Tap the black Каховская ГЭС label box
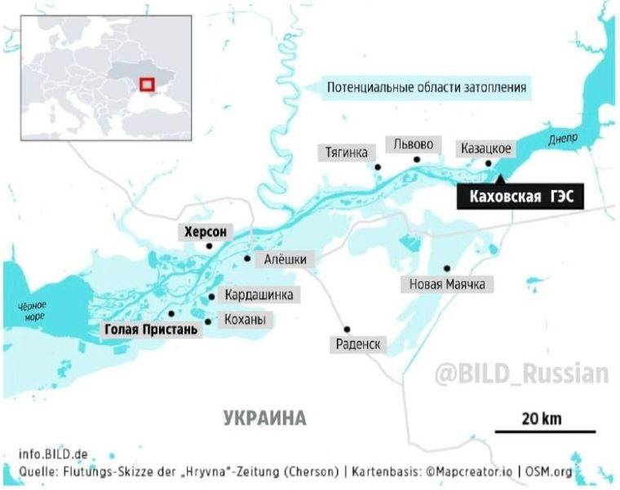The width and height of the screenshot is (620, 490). (x=520, y=196)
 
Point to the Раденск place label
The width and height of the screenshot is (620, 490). (x=357, y=345)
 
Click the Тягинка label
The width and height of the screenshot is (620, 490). (x=346, y=152)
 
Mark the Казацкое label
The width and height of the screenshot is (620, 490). (x=485, y=148)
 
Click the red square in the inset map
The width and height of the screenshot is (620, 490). (x=146, y=84)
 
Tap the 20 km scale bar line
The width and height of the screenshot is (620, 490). (x=545, y=431)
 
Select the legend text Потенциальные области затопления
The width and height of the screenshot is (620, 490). (x=426, y=87)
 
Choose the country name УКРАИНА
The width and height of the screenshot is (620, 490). (x=264, y=419)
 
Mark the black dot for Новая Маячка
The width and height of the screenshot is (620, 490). (x=447, y=268)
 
